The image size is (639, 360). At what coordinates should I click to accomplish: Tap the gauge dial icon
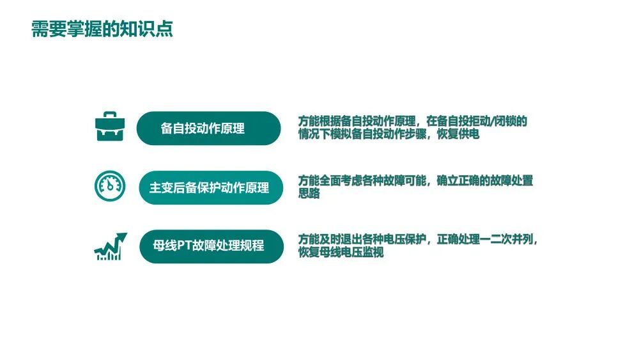tap(110, 185)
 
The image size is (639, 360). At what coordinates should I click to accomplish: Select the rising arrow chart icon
tap(110, 246)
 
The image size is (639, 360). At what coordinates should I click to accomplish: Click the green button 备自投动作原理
tap(208, 129)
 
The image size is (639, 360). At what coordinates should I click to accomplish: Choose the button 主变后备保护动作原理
tap(210, 188)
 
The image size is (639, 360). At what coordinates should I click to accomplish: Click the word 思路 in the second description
tap(309, 194)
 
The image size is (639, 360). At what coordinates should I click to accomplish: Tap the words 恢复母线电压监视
tap(341, 253)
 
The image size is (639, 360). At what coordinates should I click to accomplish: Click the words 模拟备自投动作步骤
tap(379, 135)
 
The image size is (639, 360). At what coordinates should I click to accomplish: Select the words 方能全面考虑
tap(330, 181)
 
